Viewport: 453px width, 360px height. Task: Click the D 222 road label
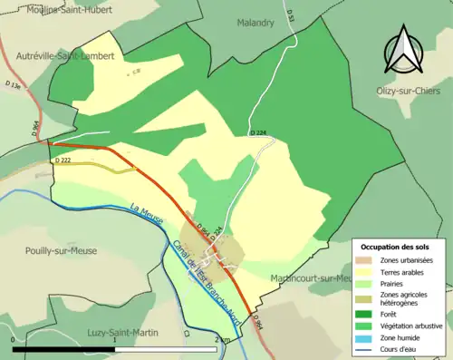(x=63, y=161)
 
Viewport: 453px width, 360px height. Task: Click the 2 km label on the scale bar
(x=222, y=339)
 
